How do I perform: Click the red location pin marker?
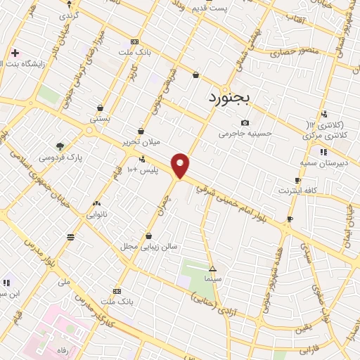tap(181, 165)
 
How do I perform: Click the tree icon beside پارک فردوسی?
tap(60, 146)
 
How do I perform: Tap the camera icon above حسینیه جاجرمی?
tap(245, 122)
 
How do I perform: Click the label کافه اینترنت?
tap(298, 191)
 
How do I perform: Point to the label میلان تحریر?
tap(141, 141)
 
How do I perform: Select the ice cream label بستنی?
tap(101, 120)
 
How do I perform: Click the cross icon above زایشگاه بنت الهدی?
tap(15, 53)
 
